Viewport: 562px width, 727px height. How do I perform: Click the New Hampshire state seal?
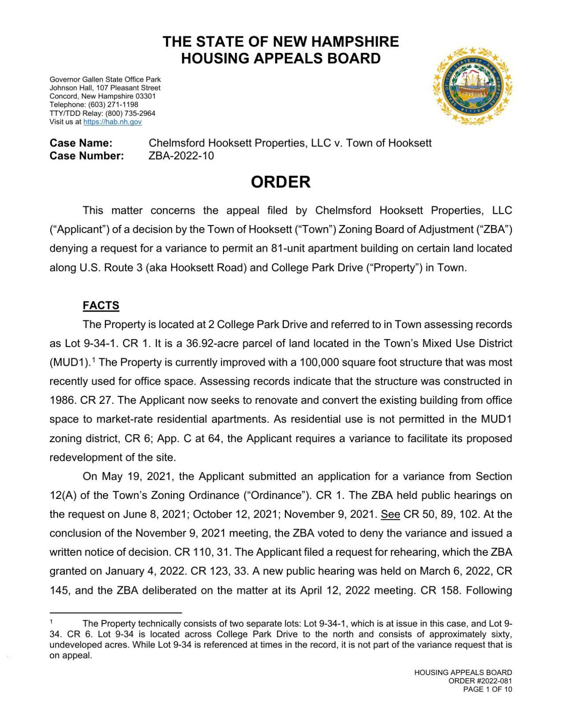click(x=472, y=86)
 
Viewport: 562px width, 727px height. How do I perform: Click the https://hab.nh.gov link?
click(x=112, y=122)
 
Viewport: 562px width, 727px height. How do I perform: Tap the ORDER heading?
click(x=280, y=182)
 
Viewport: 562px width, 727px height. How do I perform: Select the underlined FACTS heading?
click(x=101, y=305)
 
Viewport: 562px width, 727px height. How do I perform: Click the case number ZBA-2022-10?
click(x=181, y=156)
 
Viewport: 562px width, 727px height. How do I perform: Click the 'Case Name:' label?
click(x=81, y=143)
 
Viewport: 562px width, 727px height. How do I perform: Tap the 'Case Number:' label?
click(x=87, y=156)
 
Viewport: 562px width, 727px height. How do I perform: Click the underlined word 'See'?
click(x=391, y=514)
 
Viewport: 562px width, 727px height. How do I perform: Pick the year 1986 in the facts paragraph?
click(x=63, y=400)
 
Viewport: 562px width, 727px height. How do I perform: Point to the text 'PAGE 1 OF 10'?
click(x=487, y=689)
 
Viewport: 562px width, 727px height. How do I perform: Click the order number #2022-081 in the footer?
click(x=494, y=681)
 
